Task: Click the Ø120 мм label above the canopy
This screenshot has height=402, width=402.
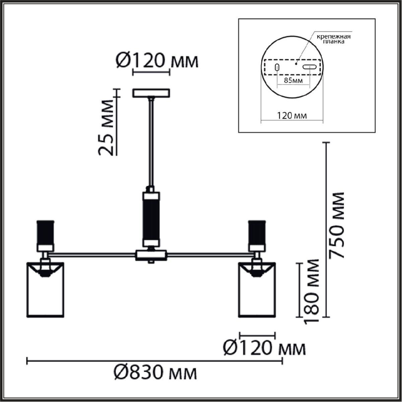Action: pos(157,61)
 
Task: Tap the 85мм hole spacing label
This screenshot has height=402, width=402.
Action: pos(293,80)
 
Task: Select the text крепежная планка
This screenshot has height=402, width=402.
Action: pos(334,39)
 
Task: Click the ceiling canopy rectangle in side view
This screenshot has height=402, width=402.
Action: pos(151,93)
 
